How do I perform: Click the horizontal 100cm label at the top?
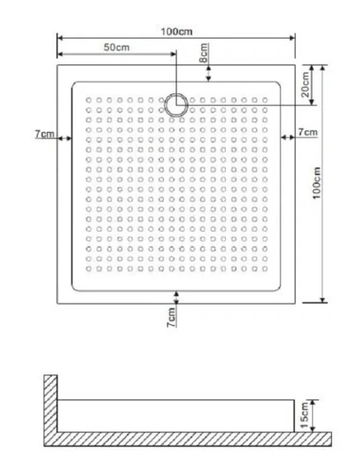click(x=176, y=31)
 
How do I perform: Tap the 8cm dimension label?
click(x=203, y=56)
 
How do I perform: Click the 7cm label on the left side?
click(x=45, y=135)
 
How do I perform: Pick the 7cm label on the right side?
click(x=307, y=132)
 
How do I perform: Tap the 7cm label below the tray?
click(x=170, y=318)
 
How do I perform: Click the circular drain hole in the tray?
click(x=176, y=104)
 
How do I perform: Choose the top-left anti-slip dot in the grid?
click(x=89, y=100)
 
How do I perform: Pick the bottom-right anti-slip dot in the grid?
click(x=265, y=269)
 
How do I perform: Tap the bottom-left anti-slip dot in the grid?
click(x=89, y=269)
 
